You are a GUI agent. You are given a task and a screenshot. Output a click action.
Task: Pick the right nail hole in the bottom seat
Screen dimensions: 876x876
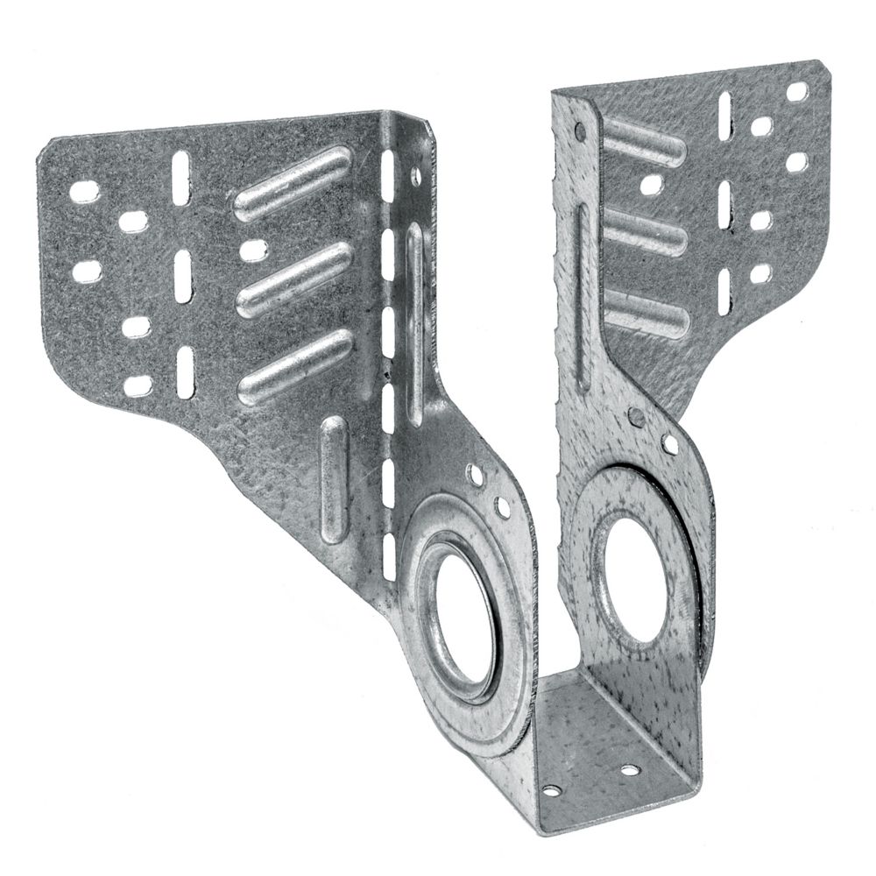coord(629,771)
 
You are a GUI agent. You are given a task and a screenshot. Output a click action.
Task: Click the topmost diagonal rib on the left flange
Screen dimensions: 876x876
coord(293,181)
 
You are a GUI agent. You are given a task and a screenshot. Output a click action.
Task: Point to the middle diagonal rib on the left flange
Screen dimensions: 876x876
coord(294,279)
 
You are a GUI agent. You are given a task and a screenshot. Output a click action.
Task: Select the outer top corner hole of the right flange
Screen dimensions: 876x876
coord(797,90)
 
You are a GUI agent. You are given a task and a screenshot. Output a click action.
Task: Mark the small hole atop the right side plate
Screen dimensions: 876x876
coord(579,132)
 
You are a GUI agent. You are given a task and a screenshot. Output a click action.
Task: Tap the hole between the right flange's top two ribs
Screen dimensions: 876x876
coord(651,184)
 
